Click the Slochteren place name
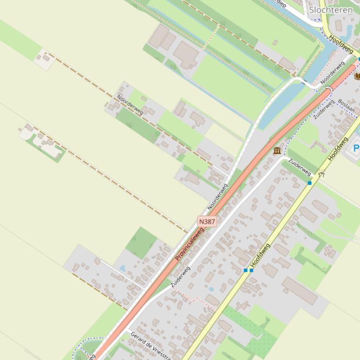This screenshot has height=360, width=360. (x=331, y=10)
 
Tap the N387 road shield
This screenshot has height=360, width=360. (x=207, y=221)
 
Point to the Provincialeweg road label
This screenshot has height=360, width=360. (x=190, y=245)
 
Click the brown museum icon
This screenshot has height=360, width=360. (x=277, y=151)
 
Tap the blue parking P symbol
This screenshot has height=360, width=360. (x=356, y=149)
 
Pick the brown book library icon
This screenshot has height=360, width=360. (x=358, y=76)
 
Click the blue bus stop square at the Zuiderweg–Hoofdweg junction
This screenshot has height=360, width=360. (x=309, y=183)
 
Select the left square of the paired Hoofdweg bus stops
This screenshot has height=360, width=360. (x=245, y=270)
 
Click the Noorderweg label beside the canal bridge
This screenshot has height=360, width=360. (x=333, y=73)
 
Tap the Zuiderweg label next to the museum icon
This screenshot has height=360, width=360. (x=300, y=167)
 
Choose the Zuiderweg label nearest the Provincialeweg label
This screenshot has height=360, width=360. (x=180, y=277)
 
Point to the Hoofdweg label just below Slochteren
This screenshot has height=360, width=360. (x=340, y=44)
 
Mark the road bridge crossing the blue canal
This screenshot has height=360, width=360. (x=329, y=88)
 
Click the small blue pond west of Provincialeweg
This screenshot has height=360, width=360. (x=123, y=268)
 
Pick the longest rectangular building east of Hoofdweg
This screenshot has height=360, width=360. (x=300, y=290)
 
